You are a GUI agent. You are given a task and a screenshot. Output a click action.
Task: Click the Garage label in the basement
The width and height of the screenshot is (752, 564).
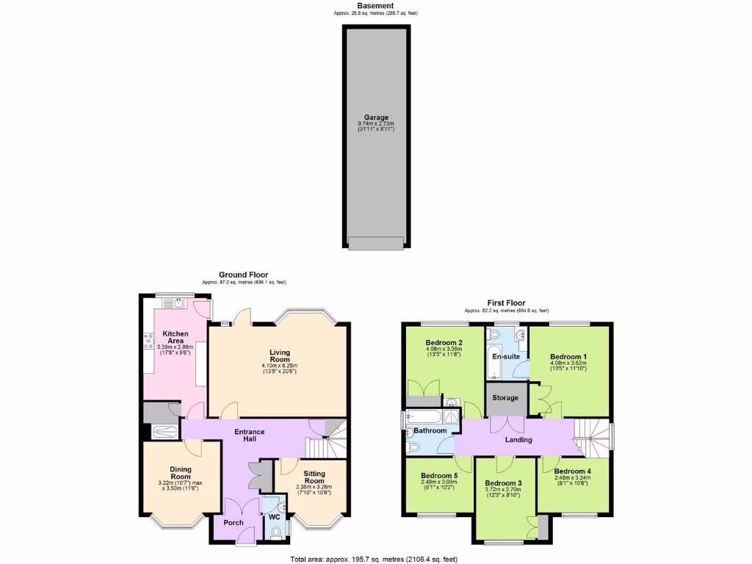pos(376,117)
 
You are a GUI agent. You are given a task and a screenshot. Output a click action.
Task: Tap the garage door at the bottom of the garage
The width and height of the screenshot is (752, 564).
pos(376,243)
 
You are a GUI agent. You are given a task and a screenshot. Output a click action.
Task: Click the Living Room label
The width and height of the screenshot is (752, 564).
pos(280,355)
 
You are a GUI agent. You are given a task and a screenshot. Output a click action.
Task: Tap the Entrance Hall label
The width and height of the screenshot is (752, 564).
pos(249,435)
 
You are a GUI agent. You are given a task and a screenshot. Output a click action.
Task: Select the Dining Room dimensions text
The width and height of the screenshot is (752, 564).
pos(180,486)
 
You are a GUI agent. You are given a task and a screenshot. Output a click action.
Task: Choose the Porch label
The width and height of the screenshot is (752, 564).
pos(234,523)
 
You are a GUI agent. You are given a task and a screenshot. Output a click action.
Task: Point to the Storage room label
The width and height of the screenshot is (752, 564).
pos(506,398)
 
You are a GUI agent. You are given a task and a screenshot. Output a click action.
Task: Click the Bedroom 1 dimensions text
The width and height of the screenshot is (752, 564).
pos(569,365)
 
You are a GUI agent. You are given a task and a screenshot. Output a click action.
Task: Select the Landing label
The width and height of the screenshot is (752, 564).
pos(518,440)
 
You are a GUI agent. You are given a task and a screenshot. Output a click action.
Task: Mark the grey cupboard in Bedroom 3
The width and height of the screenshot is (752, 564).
pos(542,527)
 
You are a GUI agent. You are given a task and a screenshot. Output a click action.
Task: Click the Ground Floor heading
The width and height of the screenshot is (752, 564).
pos(244,275)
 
